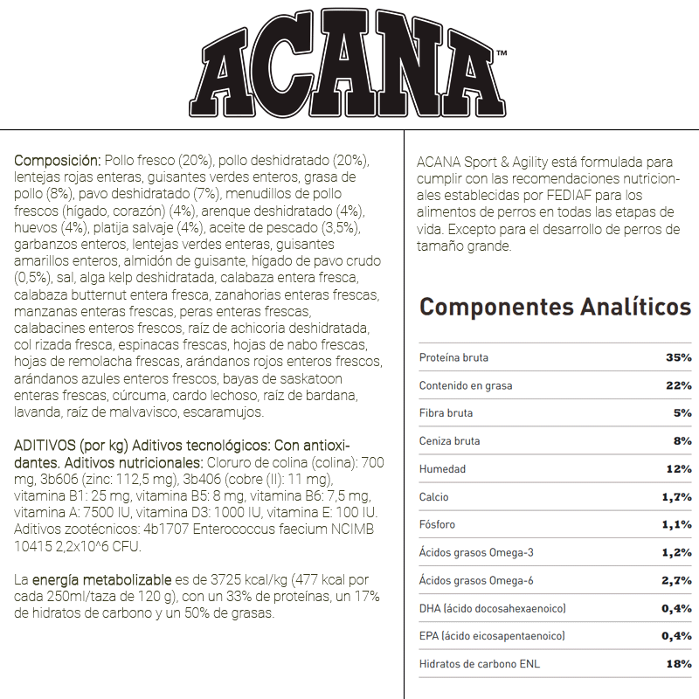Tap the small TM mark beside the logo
pyautogui.click(x=502, y=55)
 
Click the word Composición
pyautogui.click(x=58, y=162)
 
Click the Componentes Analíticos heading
pyautogui.click(x=555, y=308)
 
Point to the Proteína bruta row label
pyautogui.click(x=453, y=357)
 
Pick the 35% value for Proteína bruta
pyautogui.click(x=678, y=357)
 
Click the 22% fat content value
pyautogui.click(x=678, y=385)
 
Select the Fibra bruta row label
pyautogui.click(x=446, y=413)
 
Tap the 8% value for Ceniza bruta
pyautogui.click(x=682, y=441)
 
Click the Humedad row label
pyautogui.click(x=442, y=469)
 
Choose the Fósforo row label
pyautogui.click(x=437, y=525)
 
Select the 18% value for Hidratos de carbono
pyautogui.click(x=678, y=664)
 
